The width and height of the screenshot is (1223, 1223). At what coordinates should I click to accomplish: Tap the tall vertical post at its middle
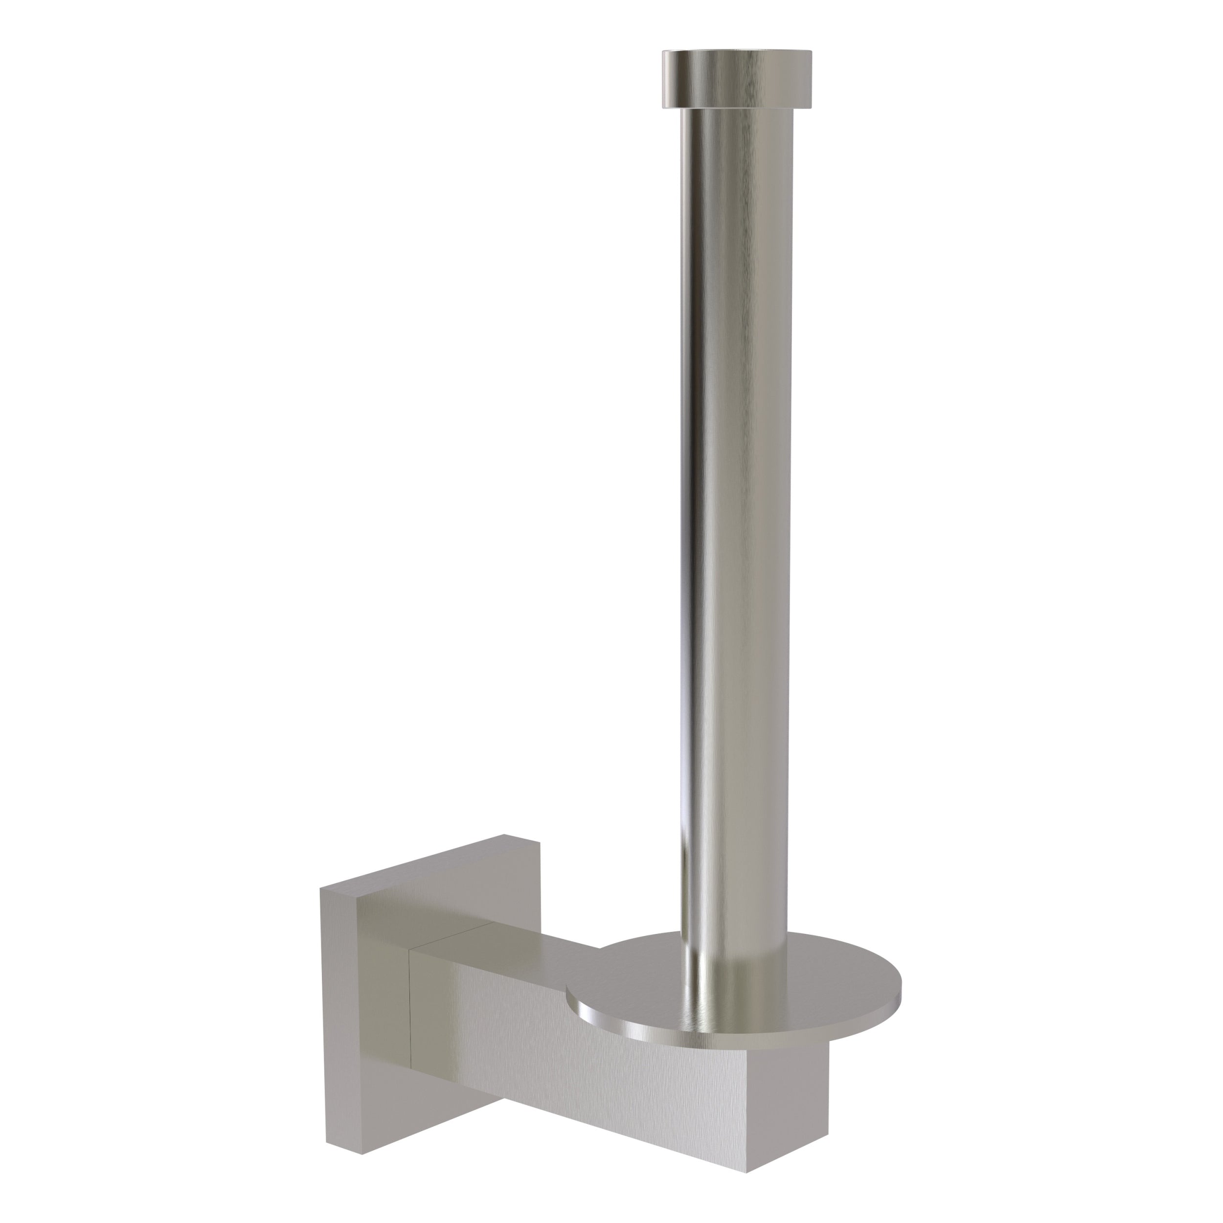click(734, 506)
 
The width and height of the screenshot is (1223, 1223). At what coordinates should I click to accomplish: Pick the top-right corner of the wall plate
click(539, 842)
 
